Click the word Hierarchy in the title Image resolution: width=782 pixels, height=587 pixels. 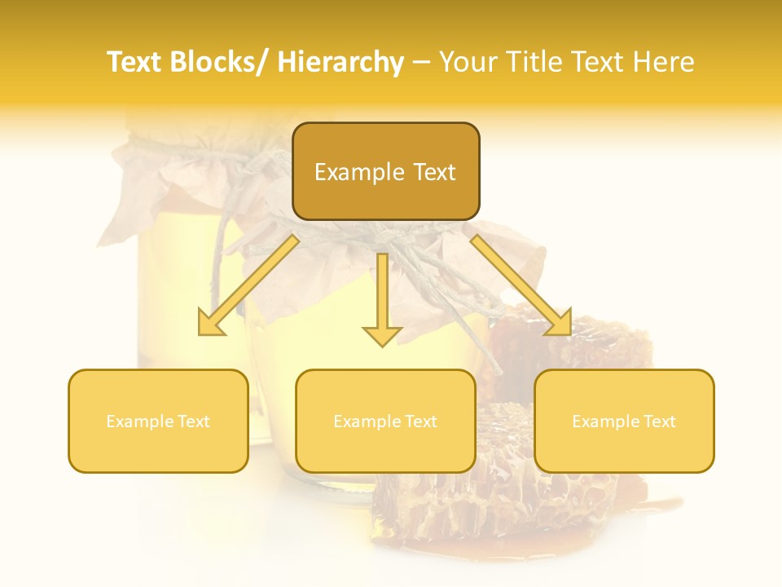340,62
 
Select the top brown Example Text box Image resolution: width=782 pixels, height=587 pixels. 385,171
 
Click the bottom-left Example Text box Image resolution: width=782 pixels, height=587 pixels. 158,421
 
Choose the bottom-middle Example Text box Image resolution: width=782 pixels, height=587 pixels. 385,421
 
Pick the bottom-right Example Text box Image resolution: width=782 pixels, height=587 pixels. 624,421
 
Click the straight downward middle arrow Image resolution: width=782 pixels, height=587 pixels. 382,298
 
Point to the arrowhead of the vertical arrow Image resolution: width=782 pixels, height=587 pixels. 382,335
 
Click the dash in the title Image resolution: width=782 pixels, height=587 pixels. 421,62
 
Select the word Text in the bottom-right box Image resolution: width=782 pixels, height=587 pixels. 658,421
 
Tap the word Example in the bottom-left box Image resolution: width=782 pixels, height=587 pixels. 139,421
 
